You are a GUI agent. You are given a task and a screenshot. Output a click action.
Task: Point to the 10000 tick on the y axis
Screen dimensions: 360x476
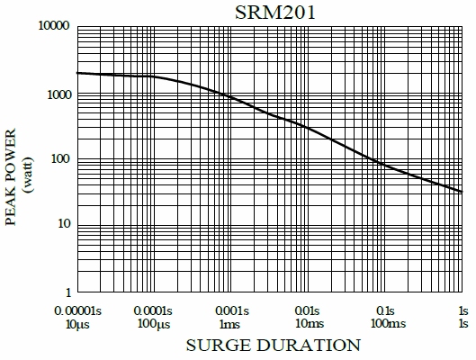tap(51, 27)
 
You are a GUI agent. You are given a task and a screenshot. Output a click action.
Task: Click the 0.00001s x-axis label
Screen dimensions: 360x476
tap(77, 310)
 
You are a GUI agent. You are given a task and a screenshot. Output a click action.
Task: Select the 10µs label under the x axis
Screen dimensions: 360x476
tap(77, 322)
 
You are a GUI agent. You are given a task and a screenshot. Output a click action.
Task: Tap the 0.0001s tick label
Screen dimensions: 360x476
tap(157, 310)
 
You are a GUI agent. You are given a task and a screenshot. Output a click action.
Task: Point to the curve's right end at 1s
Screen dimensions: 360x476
tap(462, 192)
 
